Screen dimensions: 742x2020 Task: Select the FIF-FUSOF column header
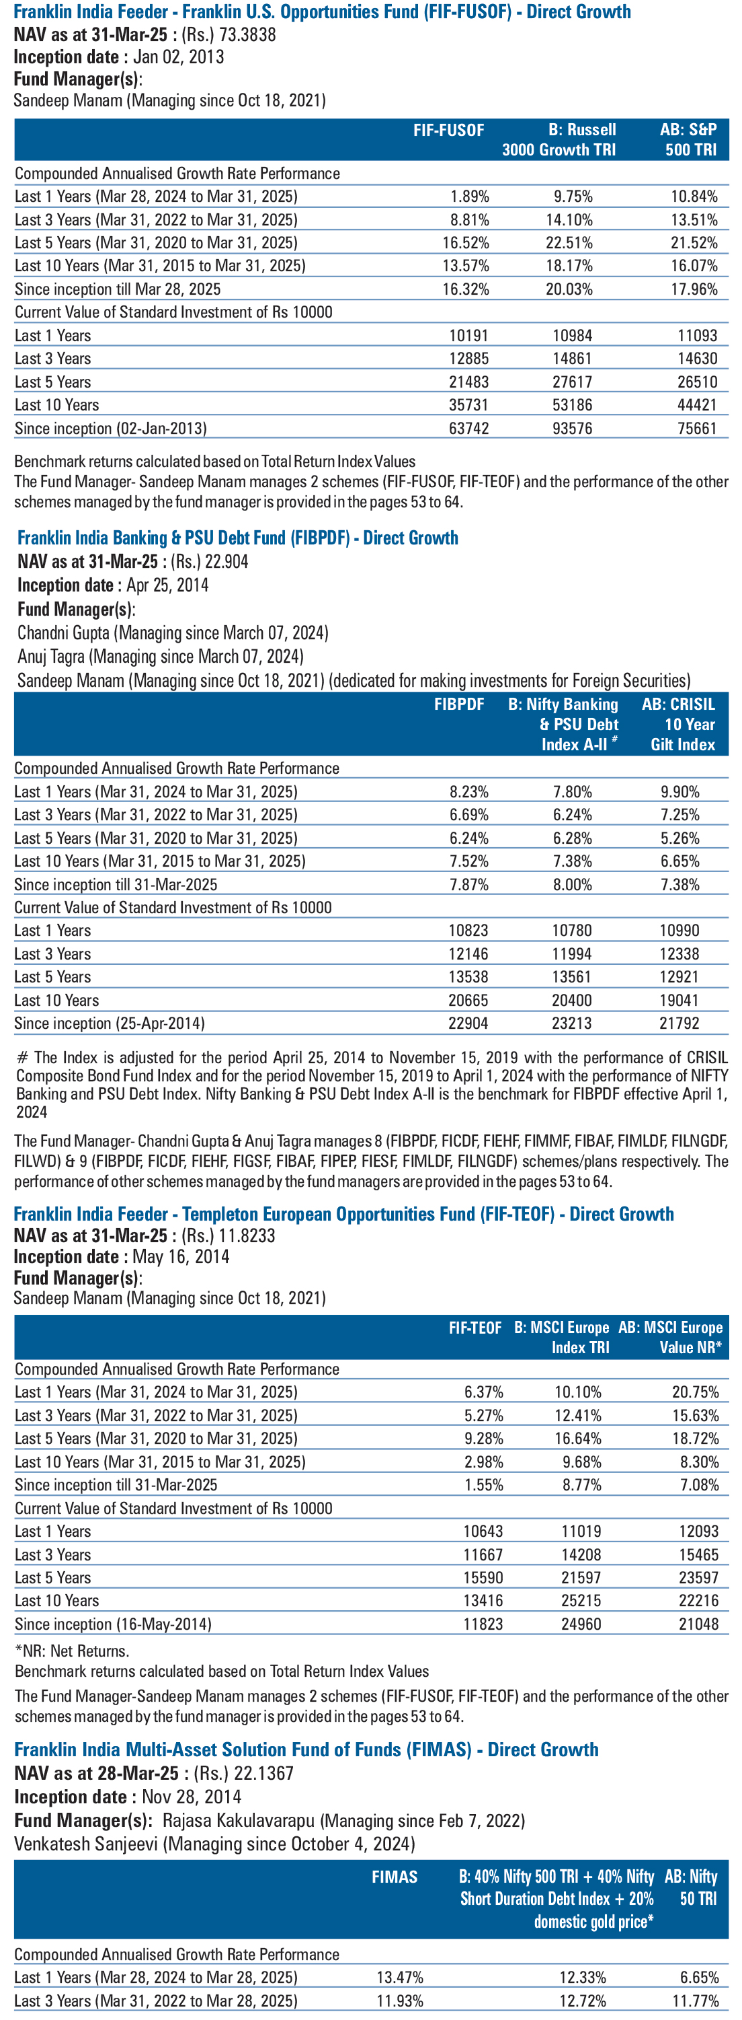449,130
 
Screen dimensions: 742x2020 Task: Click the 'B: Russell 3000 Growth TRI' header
559,139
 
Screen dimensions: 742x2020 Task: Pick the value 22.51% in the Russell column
570,243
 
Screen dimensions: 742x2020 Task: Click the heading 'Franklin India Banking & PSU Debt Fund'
183,538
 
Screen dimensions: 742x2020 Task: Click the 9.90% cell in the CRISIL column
679,792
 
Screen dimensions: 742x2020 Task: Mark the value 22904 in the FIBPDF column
468,1023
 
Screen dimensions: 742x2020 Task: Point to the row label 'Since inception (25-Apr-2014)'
110,1023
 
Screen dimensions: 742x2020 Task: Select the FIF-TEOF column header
475,1328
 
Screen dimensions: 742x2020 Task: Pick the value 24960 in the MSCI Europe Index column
581,1624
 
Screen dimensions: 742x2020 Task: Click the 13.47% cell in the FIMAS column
400,1978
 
